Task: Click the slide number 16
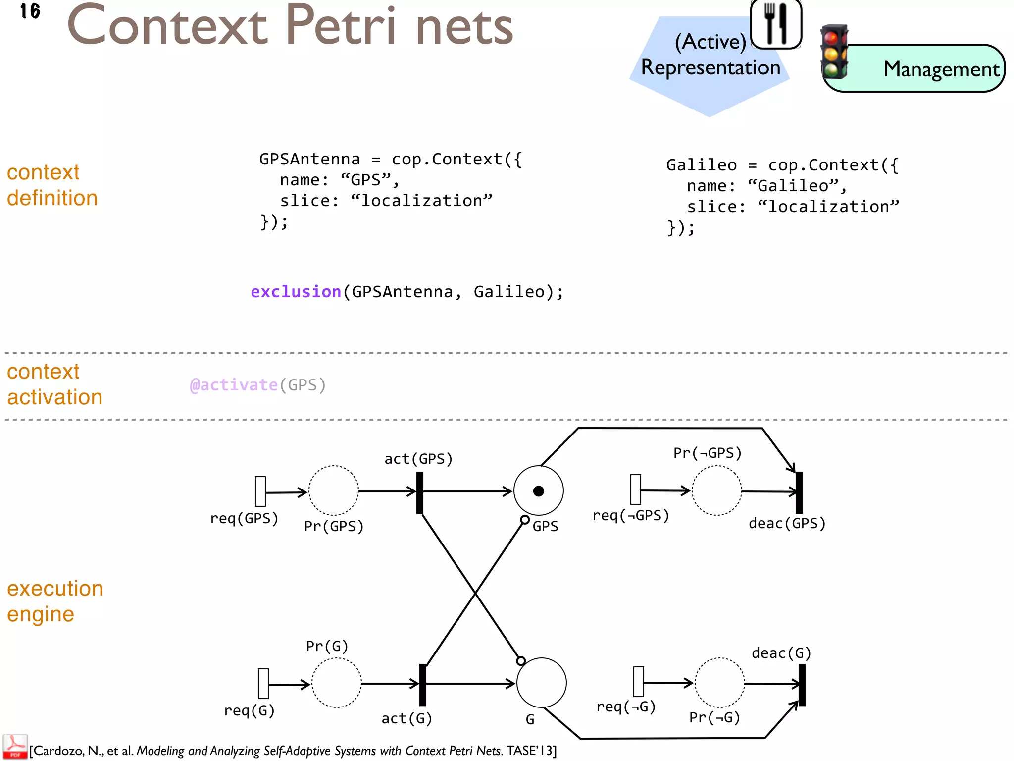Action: (x=30, y=11)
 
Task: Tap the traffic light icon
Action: (x=834, y=52)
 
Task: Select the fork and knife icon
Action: (x=776, y=23)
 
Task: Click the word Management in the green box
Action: (x=941, y=69)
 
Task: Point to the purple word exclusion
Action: (x=296, y=292)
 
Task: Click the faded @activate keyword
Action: (x=234, y=385)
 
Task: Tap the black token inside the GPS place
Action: (x=539, y=491)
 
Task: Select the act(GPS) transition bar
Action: (x=420, y=492)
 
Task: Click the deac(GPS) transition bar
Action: (x=799, y=492)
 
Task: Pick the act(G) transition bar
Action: (x=423, y=685)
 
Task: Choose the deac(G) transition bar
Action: (x=802, y=685)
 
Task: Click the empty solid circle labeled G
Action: (x=541, y=683)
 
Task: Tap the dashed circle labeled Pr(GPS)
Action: (x=333, y=490)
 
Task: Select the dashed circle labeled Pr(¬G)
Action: (x=719, y=683)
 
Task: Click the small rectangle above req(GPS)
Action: (x=260, y=491)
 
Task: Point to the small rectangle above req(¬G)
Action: (x=639, y=682)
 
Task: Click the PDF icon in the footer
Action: (x=15, y=747)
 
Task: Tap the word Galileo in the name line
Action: (x=793, y=186)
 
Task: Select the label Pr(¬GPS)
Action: (x=707, y=453)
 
